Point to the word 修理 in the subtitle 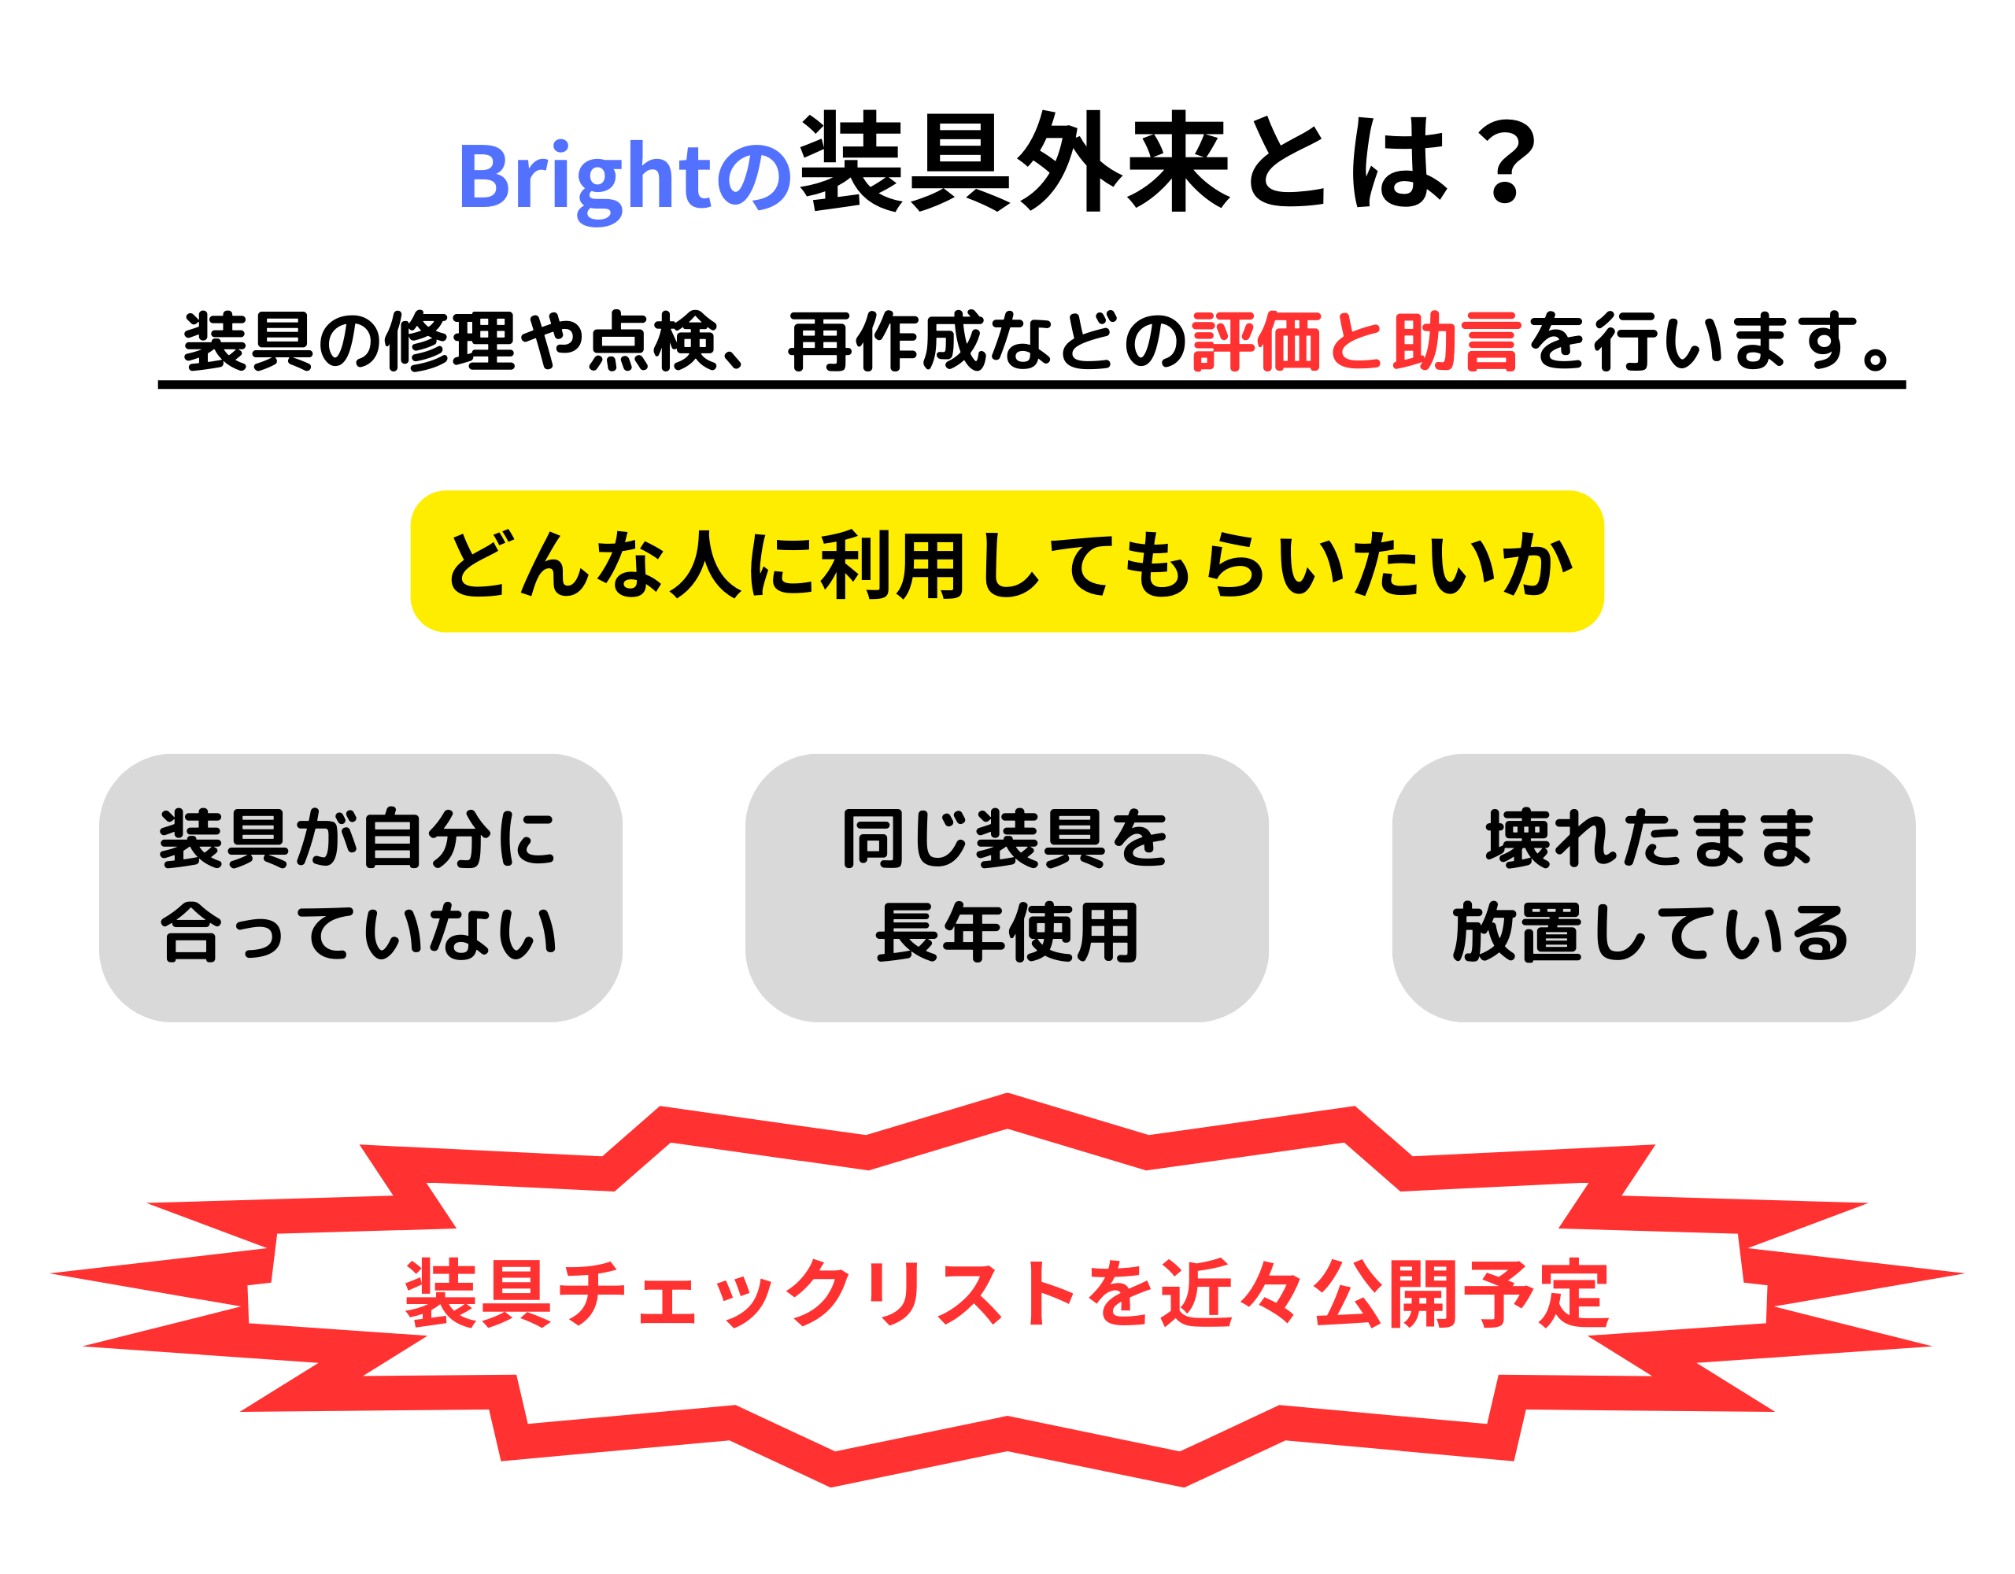coord(450,342)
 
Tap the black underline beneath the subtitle coord(1031,385)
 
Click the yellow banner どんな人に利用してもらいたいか coord(1007,561)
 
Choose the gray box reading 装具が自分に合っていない coord(360,888)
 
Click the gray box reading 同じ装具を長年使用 coord(1007,888)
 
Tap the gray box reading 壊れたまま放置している coord(1654,888)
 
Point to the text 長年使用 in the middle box coord(1007,933)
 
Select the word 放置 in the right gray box coord(1518,933)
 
